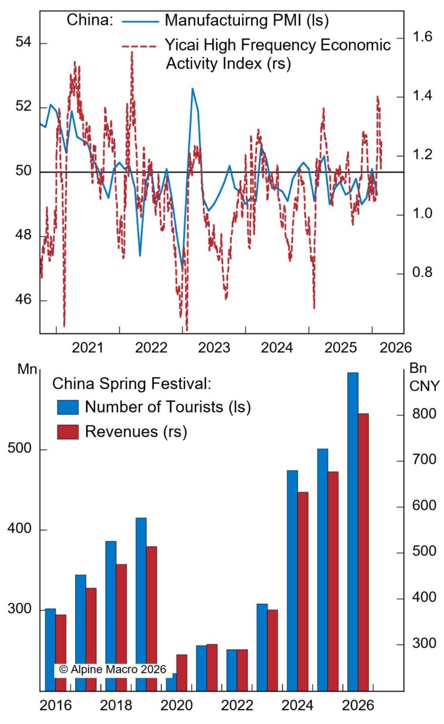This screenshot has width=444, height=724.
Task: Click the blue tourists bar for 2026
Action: tap(352, 531)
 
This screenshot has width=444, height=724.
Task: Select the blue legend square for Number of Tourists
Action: tap(68, 407)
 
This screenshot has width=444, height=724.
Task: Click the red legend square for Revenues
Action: tap(68, 432)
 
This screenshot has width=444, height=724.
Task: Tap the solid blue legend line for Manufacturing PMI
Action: tap(140, 21)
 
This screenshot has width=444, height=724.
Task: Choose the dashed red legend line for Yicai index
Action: tap(140, 45)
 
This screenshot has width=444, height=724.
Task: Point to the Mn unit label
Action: tap(25, 368)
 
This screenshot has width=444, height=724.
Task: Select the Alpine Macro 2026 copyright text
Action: tap(112, 669)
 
